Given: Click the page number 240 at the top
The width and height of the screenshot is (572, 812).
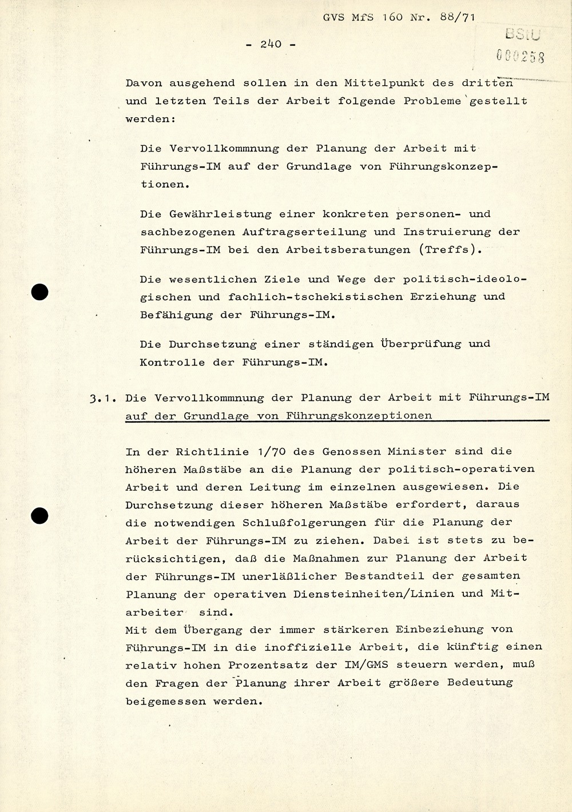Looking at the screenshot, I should point(271,44).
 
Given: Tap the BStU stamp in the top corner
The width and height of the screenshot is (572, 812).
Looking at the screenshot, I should point(523,35).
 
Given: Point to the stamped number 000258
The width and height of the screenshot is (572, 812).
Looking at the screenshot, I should point(520,56).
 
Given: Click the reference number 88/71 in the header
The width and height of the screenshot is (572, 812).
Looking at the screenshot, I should point(456,17).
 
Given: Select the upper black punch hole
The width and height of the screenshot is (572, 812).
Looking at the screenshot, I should point(39,292).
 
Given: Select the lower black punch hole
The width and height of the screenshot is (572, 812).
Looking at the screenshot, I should point(39,515).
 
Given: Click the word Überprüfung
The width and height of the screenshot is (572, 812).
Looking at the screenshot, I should point(420,344).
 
